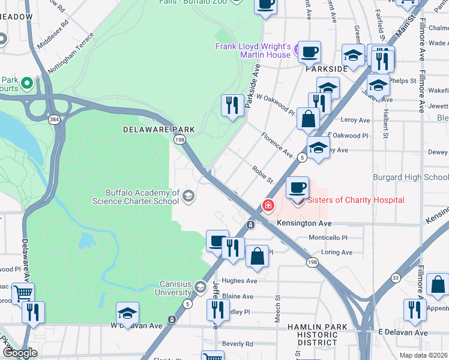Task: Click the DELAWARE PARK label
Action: click(x=159, y=130)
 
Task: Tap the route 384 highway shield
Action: click(x=54, y=120)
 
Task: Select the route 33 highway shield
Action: click(x=396, y=278)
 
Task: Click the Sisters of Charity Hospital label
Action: click(x=356, y=200)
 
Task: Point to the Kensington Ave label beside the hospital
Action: click(x=304, y=223)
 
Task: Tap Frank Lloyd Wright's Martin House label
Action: click(x=253, y=50)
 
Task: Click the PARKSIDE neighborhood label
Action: click(x=327, y=70)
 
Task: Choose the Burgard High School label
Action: click(x=411, y=177)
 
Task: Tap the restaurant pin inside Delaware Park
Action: click(x=232, y=105)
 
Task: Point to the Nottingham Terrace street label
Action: click(x=71, y=53)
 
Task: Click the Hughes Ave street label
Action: click(x=239, y=281)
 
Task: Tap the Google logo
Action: click(x=20, y=352)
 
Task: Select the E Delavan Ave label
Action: click(x=403, y=332)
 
